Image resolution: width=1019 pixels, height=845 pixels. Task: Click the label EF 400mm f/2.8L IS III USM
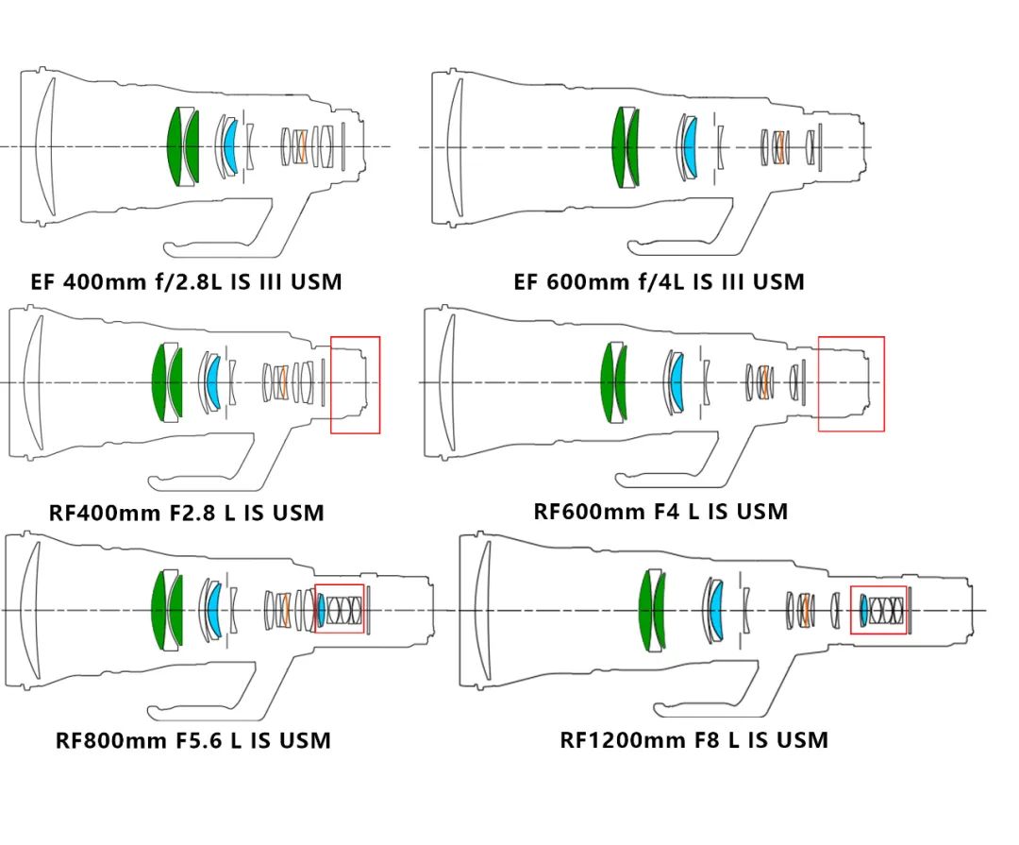[186, 281]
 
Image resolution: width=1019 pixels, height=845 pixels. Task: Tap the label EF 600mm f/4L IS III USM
[659, 281]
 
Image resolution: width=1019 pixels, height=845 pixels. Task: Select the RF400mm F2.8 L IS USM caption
[186, 513]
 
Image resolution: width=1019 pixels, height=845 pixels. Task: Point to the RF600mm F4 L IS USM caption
[660, 511]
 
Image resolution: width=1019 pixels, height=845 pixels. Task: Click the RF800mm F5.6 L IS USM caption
[192, 739]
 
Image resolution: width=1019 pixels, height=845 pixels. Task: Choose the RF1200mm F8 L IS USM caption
[693, 739]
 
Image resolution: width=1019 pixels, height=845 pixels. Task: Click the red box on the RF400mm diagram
[355, 384]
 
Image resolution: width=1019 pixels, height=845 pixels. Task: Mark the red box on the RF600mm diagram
[851, 383]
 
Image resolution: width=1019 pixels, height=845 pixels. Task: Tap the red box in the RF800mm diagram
[339, 609]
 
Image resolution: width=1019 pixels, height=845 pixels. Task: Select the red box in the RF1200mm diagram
[878, 610]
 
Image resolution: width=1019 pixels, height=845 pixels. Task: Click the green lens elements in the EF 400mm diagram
[183, 146]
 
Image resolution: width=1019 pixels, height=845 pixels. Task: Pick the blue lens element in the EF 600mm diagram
[690, 146]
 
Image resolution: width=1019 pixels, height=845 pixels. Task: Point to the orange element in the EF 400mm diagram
[302, 146]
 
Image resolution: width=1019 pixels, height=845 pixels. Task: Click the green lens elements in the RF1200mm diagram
[652, 611]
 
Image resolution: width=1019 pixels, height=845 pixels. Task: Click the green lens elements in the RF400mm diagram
[167, 382]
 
